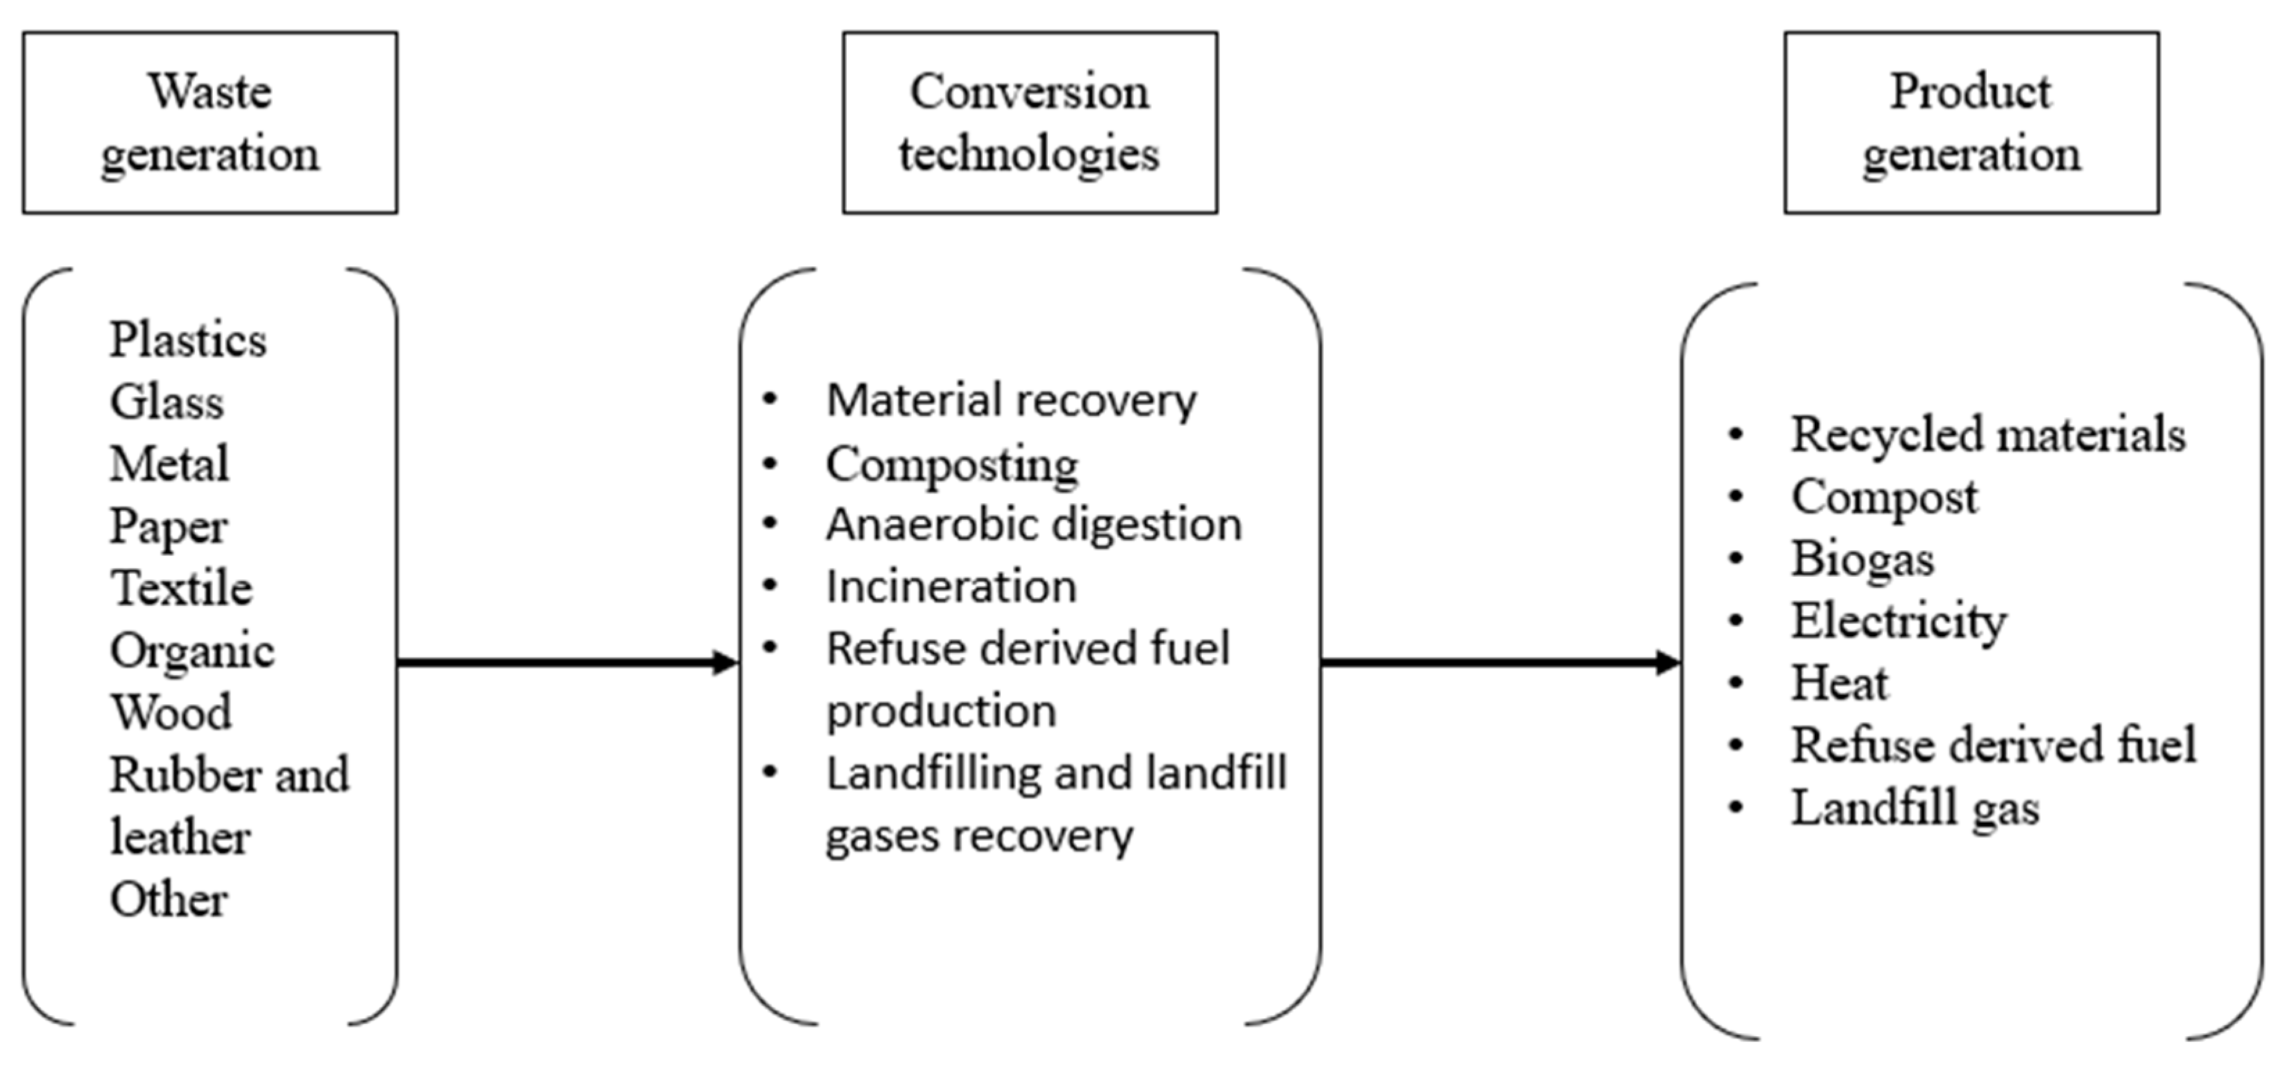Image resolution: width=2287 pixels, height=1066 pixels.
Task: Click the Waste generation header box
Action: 209,123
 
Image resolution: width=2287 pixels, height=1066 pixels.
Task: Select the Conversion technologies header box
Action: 1029,123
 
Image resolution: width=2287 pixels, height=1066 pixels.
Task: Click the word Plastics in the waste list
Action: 187,340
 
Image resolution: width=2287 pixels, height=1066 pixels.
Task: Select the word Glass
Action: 166,402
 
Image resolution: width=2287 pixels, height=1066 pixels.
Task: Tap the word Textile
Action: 181,588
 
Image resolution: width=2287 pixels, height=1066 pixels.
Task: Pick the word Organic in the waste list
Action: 192,652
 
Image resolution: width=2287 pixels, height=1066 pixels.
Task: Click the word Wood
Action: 171,713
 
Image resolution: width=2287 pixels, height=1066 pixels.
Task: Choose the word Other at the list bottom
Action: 169,899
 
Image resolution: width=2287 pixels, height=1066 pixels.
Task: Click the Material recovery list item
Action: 1010,401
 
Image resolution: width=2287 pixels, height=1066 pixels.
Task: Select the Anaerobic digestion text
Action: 1033,525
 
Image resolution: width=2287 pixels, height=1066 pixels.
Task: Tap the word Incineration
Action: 951,586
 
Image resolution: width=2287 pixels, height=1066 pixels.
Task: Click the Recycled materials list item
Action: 1988,435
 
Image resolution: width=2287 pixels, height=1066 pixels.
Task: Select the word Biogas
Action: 1862,559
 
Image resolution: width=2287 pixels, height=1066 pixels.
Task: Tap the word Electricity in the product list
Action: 1898,621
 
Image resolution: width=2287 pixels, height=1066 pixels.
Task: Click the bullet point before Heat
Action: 1736,683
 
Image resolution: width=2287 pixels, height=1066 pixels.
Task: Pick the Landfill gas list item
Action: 1915,807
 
